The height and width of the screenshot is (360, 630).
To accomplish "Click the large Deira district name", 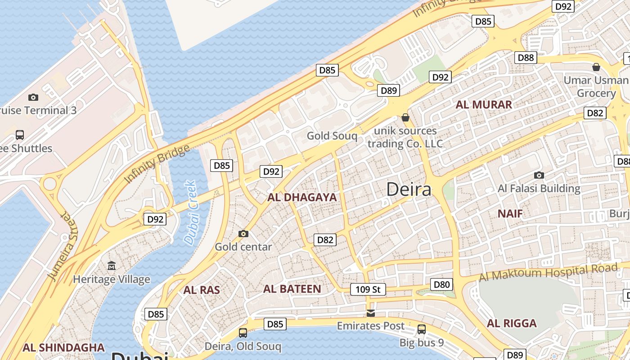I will click(x=409, y=189).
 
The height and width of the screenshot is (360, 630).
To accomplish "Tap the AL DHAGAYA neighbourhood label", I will click(x=302, y=198).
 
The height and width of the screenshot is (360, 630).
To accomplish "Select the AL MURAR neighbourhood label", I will click(x=484, y=105).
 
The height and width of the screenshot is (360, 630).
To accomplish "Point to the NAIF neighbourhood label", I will click(x=510, y=214).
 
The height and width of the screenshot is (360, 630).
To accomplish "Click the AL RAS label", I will click(x=202, y=290).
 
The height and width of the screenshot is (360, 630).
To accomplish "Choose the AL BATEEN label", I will click(x=292, y=289).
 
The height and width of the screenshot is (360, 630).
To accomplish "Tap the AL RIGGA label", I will click(x=512, y=324).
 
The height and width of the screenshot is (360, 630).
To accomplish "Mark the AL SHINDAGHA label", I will click(x=63, y=347).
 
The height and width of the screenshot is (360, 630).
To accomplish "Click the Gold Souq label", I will click(x=332, y=136).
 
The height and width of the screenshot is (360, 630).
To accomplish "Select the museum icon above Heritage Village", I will click(x=112, y=266).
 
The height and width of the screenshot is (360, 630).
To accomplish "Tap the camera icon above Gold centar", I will click(x=243, y=234).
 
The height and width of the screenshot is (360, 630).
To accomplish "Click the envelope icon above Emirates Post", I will click(x=370, y=313).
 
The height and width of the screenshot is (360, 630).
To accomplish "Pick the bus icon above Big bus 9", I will click(x=422, y=329).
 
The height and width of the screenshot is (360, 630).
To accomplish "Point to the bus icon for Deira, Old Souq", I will click(x=243, y=333).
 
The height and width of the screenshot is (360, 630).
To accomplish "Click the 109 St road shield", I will click(x=368, y=289).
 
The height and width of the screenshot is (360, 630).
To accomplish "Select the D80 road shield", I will click(x=441, y=284).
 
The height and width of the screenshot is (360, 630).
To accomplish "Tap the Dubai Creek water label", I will click(x=191, y=212).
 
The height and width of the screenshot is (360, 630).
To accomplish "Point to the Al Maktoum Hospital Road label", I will click(x=548, y=272).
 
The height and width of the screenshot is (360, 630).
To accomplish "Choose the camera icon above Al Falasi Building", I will click(x=539, y=175).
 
